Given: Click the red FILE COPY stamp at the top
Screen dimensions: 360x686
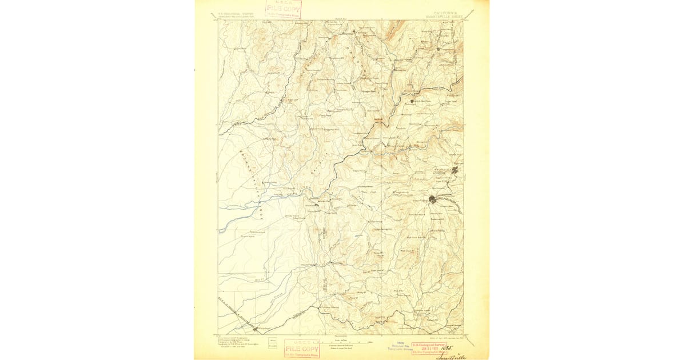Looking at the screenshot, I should [284, 10].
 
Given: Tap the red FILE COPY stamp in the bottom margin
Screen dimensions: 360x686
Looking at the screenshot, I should [302, 348].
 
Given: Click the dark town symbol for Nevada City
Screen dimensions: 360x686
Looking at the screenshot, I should [455, 170].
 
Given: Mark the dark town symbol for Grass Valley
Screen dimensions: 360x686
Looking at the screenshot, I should [433, 199].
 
